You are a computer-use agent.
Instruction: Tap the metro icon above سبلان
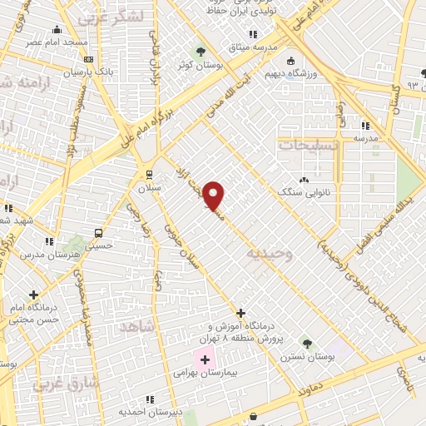pos(149,175)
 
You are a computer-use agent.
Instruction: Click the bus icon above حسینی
pos(99,232)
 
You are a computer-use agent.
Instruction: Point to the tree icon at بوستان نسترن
pos(307,343)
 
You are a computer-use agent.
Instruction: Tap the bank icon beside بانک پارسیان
pos(88,60)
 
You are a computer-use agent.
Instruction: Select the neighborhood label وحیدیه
pos(271,252)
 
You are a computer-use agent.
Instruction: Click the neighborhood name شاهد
pos(137,327)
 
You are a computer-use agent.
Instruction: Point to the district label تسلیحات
pos(308,146)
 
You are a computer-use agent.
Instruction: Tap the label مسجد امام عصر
pos(50,42)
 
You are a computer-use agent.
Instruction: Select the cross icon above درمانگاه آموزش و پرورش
pos(240,314)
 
